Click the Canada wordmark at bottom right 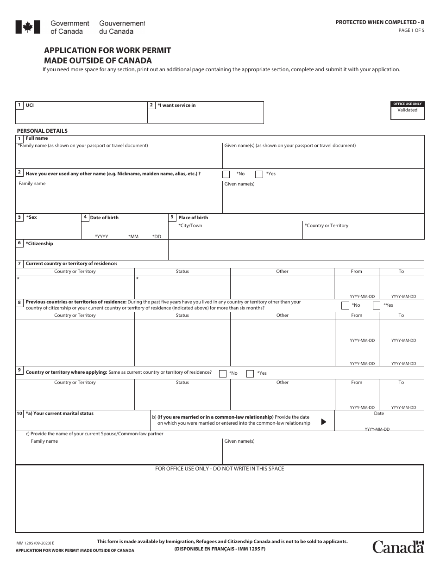pos(398,547)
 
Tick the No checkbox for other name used pos(226,174)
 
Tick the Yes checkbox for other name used pos(259,174)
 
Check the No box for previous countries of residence pos(345,305)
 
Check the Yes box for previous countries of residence pos(377,305)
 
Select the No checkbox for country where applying pos(223,373)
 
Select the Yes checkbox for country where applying pos(250,373)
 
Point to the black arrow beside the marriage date pos(324,421)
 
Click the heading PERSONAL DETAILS pos(42,131)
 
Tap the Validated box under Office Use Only pos(407,113)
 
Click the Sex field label pos(31,217)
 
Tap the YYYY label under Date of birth pos(101,236)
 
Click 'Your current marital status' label pos(59,414)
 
